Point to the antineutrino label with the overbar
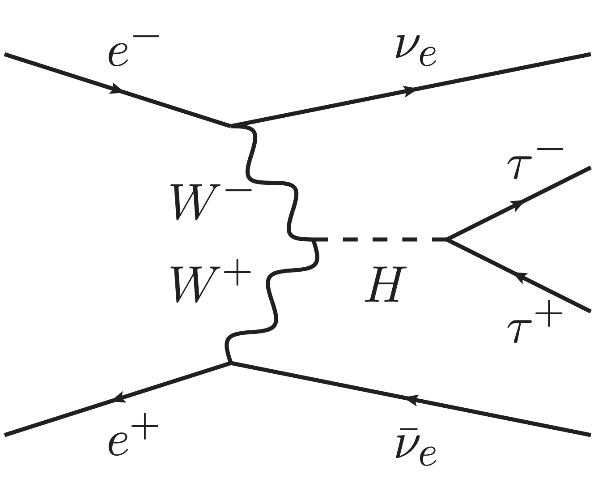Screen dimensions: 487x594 point(416,445)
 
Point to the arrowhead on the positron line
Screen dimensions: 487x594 point(118,397)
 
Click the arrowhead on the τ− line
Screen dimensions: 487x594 point(518,204)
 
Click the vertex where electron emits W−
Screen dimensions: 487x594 point(231,125)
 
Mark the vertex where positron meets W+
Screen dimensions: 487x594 point(231,363)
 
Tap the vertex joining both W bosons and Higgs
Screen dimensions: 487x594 point(313,239)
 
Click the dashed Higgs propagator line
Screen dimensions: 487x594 point(380,239)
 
